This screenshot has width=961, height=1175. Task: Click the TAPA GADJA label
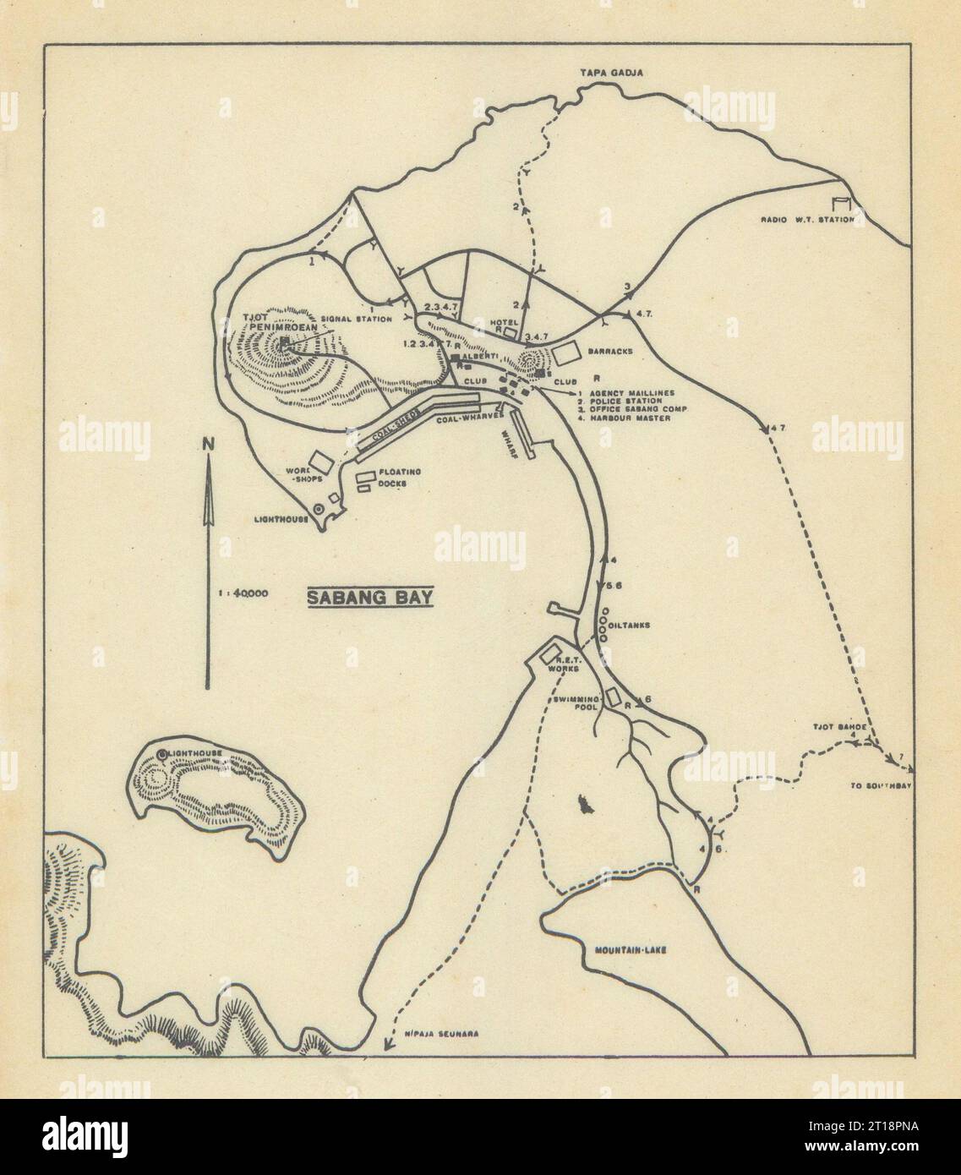pos(611,74)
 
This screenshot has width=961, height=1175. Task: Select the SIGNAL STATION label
pos(363,319)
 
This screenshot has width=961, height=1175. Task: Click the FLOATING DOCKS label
pos(400,477)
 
